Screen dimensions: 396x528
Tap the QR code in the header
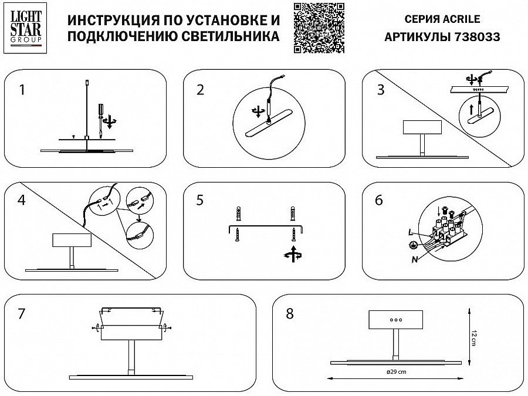pyautogui.click(x=317, y=26)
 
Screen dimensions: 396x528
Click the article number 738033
pyautogui.click(x=478, y=37)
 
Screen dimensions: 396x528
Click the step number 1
pyautogui.click(x=22, y=90)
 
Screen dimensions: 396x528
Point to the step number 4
pyautogui.click(x=22, y=200)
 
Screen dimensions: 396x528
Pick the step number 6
pyautogui.click(x=378, y=200)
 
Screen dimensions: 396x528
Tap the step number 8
pyautogui.click(x=289, y=313)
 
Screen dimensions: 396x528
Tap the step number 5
pyautogui.click(x=200, y=200)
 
